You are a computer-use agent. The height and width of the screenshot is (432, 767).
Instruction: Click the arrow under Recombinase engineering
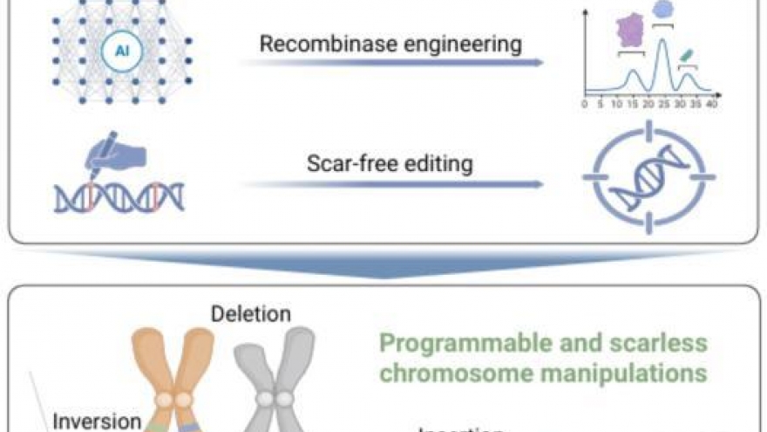pos(392,64)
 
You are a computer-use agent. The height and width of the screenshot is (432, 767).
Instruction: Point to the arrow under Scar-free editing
pos(392,184)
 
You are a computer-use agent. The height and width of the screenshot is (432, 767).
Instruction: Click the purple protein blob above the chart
pos(629,31)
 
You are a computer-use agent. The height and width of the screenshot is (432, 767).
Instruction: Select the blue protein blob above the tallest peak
pos(663,9)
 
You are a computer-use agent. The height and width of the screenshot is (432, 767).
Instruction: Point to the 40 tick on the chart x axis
pos(711,104)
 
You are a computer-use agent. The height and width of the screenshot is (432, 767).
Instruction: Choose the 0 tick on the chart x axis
pos(584,104)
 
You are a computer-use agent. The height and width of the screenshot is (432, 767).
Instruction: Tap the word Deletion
pos(251,314)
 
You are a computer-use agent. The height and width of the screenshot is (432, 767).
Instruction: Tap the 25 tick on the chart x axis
pos(663,104)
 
